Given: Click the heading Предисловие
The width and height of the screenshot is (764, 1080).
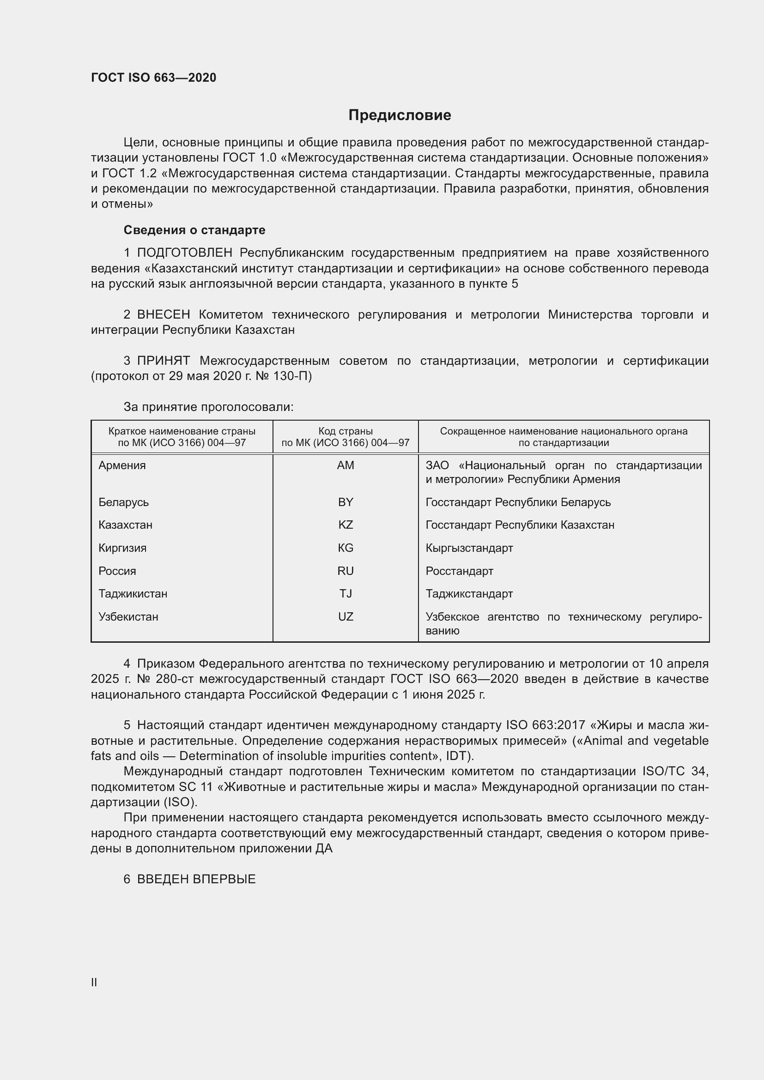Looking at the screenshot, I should pyautogui.click(x=400, y=115).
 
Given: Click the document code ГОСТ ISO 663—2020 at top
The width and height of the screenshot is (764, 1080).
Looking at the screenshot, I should pyautogui.click(x=153, y=78).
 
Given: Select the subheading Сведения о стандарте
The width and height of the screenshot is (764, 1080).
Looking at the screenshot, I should pyautogui.click(x=194, y=230).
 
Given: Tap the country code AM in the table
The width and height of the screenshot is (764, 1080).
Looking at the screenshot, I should pyautogui.click(x=346, y=465).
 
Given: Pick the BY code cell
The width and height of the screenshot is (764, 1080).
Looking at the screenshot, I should pyautogui.click(x=346, y=502).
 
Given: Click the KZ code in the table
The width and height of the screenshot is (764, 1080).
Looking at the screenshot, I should pyautogui.click(x=346, y=525).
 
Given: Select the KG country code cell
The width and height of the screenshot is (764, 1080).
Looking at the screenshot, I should pyautogui.click(x=346, y=548).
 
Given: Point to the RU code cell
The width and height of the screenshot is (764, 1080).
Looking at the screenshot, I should pyautogui.click(x=346, y=571).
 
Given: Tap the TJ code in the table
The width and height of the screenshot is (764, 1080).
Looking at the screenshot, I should pyautogui.click(x=346, y=593).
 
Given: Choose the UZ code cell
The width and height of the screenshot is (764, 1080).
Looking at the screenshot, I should pyautogui.click(x=346, y=616).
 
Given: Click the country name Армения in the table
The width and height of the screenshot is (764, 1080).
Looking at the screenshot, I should pyautogui.click(x=122, y=465).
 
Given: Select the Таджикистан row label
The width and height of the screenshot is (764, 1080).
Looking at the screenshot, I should pyautogui.click(x=133, y=593).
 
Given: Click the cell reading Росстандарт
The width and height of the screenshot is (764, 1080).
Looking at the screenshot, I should pyautogui.click(x=459, y=571).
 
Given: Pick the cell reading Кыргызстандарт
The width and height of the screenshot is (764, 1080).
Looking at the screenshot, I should pyautogui.click(x=469, y=548).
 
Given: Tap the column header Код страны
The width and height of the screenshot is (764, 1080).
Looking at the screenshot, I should pyautogui.click(x=346, y=431).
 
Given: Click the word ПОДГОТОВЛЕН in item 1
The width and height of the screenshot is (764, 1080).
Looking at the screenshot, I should pyautogui.click(x=184, y=253).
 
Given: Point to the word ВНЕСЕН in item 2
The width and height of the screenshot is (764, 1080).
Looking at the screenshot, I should pyautogui.click(x=163, y=315).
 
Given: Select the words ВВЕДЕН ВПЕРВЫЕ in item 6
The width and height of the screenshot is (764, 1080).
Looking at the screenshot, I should pyautogui.click(x=196, y=879).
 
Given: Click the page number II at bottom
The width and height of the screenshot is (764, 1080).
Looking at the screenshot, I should pyautogui.click(x=94, y=982).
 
